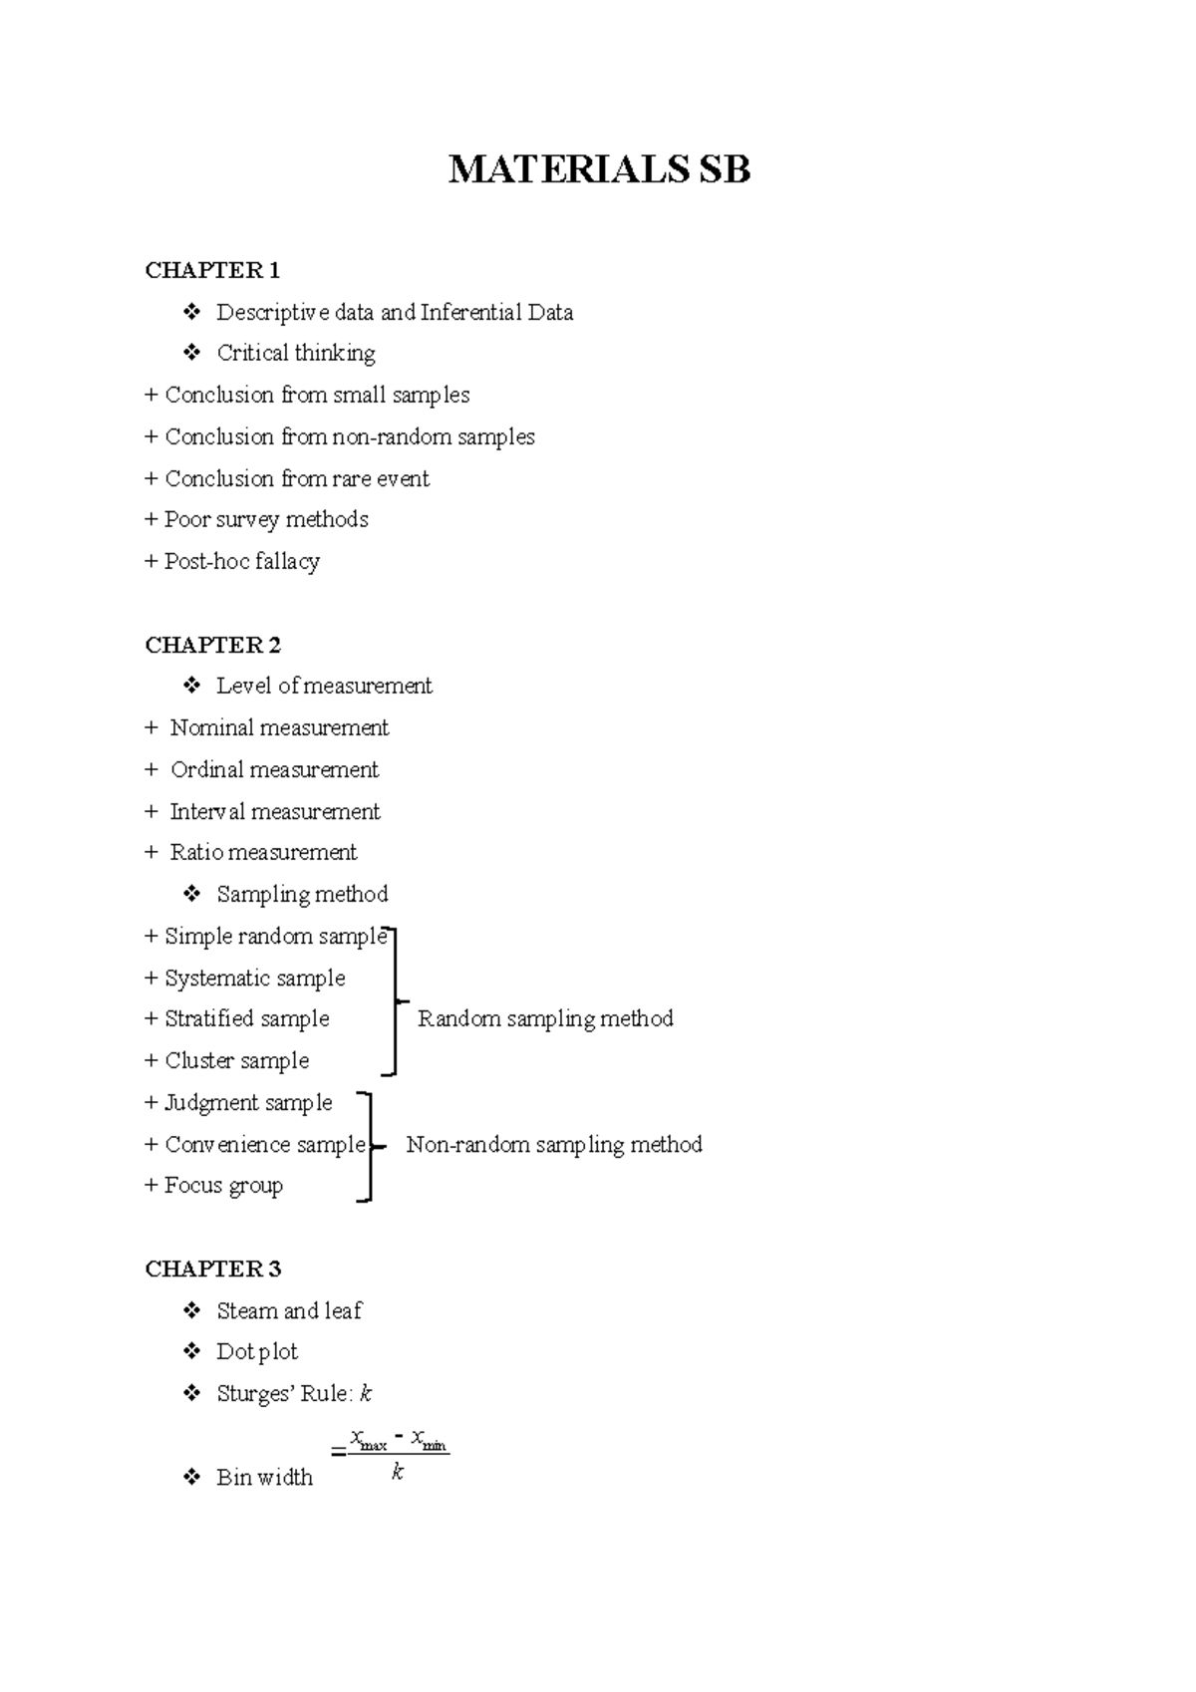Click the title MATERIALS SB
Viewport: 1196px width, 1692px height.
[599, 169]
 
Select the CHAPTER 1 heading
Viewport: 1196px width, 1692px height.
[212, 270]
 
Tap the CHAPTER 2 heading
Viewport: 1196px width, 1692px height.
[212, 645]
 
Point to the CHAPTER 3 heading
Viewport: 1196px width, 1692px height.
[212, 1269]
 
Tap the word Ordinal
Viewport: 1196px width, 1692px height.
[206, 770]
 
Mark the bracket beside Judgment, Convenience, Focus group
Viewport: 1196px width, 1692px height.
[370, 1146]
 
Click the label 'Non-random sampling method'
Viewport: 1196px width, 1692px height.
[554, 1145]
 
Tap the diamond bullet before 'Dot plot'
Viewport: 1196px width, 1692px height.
[192, 1351]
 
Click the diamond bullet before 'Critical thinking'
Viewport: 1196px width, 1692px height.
[192, 353]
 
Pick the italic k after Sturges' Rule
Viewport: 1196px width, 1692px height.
[366, 1394]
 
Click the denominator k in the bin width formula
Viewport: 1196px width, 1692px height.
[398, 1473]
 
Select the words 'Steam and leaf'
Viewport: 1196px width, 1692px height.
[289, 1311]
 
